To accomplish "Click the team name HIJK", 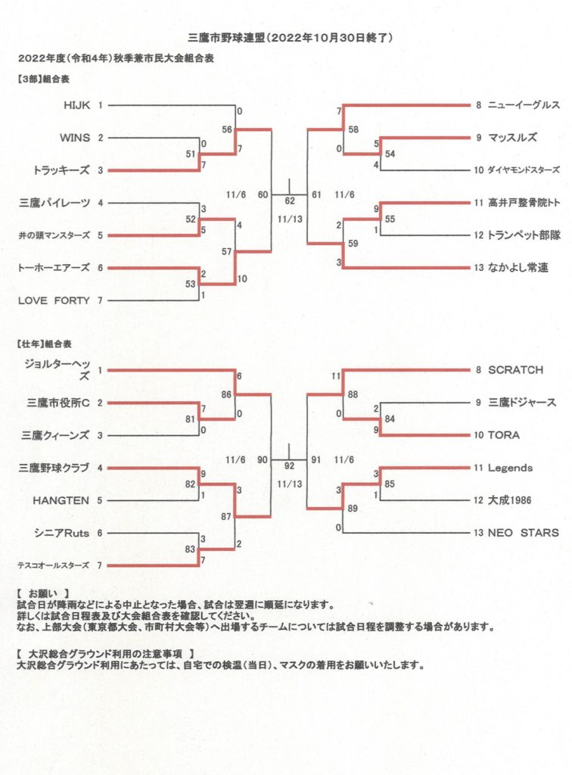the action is (x=76, y=105).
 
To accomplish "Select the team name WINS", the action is (x=75, y=138).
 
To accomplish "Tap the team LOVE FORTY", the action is (x=54, y=300).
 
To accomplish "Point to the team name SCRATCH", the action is (x=515, y=370).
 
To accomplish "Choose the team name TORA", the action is (x=503, y=435).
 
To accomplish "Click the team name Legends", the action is (x=510, y=468).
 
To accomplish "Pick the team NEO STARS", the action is (x=523, y=533).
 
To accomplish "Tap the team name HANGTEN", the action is (x=61, y=501).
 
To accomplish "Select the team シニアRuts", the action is (x=62, y=534).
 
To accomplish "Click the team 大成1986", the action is (x=509, y=500).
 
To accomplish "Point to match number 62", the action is (x=290, y=201).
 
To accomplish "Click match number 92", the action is (x=289, y=466).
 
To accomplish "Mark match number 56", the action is (x=227, y=129).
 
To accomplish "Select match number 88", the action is (x=353, y=395).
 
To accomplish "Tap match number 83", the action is (x=190, y=549).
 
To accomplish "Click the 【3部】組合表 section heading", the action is (x=43, y=79).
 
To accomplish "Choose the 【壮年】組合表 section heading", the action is (x=44, y=344).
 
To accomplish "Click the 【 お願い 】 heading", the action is (x=43, y=593).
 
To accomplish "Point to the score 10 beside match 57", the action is (x=242, y=279).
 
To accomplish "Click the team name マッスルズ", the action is (x=512, y=138).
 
